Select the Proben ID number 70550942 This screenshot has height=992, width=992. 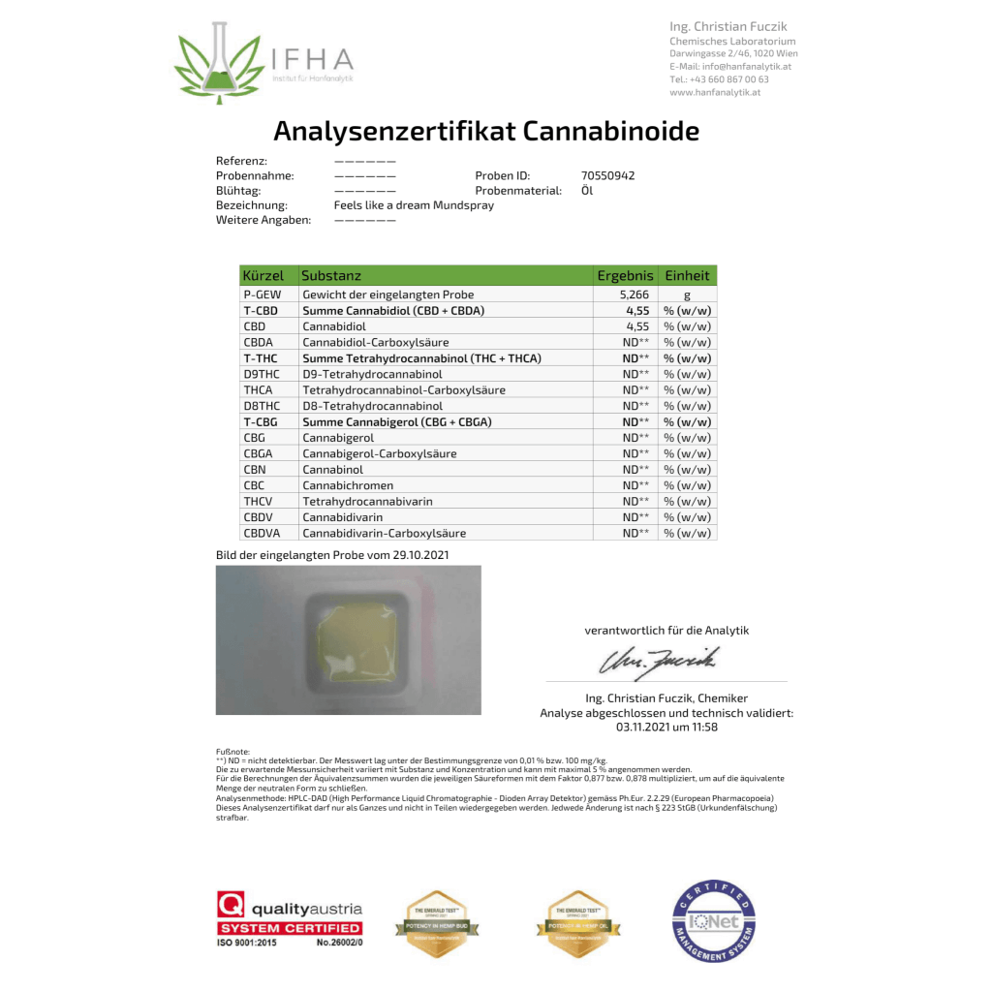click(x=607, y=176)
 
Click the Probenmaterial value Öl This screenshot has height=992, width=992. click(x=587, y=191)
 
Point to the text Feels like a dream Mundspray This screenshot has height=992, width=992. click(x=414, y=205)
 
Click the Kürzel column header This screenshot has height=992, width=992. click(x=263, y=276)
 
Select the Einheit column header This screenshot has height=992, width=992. click(x=687, y=276)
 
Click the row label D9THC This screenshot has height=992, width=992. click(x=262, y=374)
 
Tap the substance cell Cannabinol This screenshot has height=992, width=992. click(x=333, y=470)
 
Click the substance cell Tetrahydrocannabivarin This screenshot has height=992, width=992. click(x=367, y=502)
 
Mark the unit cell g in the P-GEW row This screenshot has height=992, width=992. click(x=687, y=294)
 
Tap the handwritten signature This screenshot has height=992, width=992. click(x=663, y=661)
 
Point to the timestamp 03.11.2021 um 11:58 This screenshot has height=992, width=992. click(x=666, y=727)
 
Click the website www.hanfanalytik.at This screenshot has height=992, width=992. click(x=715, y=92)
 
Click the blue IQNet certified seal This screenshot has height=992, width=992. click(x=714, y=921)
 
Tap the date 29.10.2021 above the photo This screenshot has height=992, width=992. click(x=418, y=555)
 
